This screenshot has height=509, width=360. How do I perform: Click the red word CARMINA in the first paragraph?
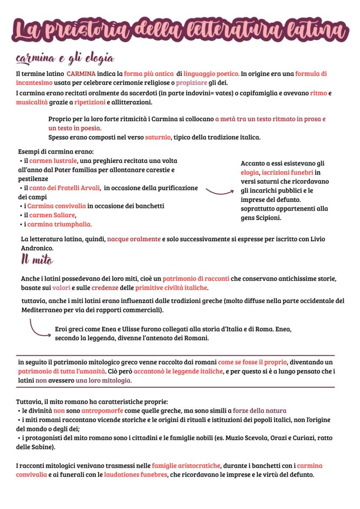(x=81, y=74)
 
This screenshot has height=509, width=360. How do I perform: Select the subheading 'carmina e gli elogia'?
(x=64, y=58)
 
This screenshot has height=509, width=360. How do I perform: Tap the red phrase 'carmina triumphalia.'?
(x=60, y=224)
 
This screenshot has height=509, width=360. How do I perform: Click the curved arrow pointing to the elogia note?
(x=219, y=190)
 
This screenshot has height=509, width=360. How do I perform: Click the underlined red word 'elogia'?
(x=250, y=173)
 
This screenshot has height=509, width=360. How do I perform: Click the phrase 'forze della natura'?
(x=259, y=411)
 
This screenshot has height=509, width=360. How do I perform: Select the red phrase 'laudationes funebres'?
(x=136, y=475)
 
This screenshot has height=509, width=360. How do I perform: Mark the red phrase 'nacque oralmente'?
(x=134, y=240)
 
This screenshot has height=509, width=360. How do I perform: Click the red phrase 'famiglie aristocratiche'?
(x=186, y=466)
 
